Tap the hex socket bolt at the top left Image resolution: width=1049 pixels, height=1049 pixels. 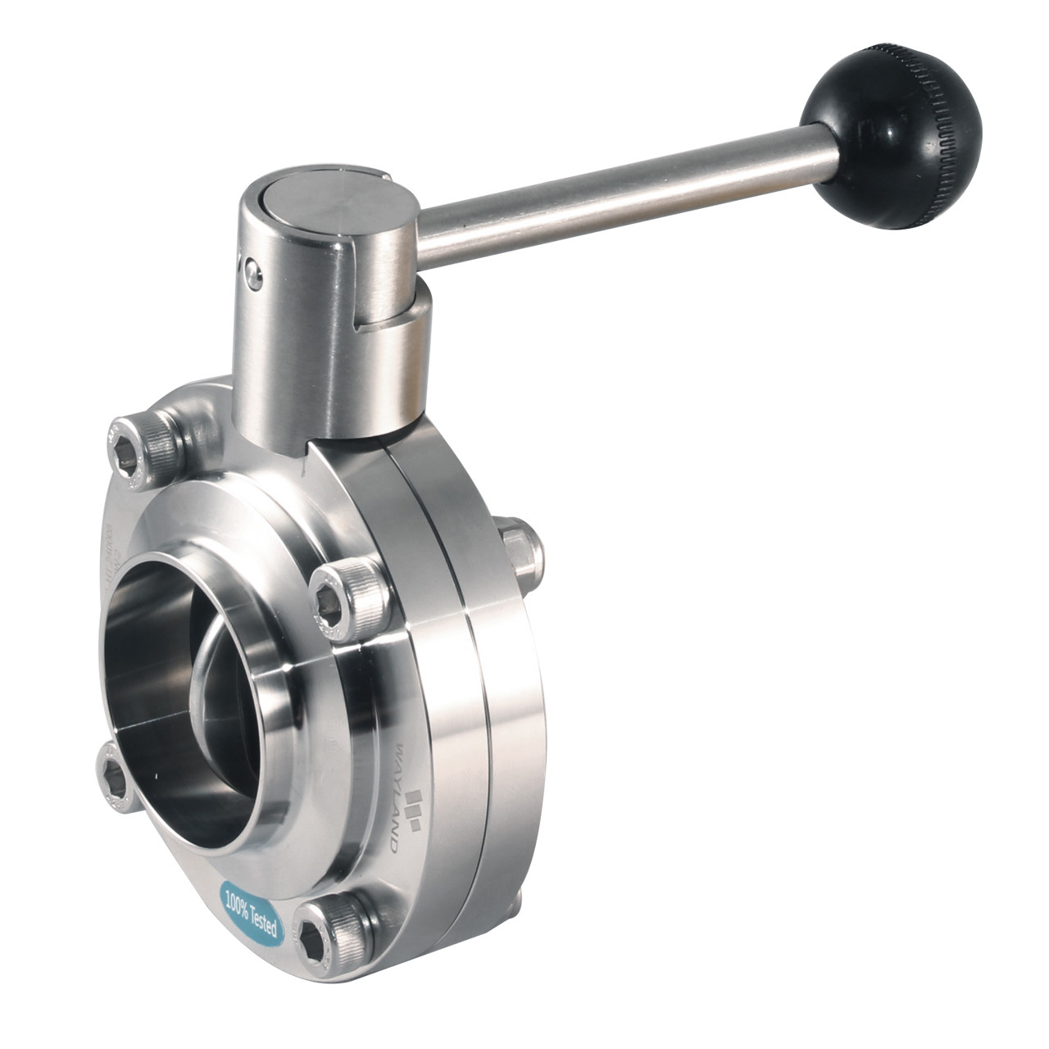pyautogui.click(x=139, y=448)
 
